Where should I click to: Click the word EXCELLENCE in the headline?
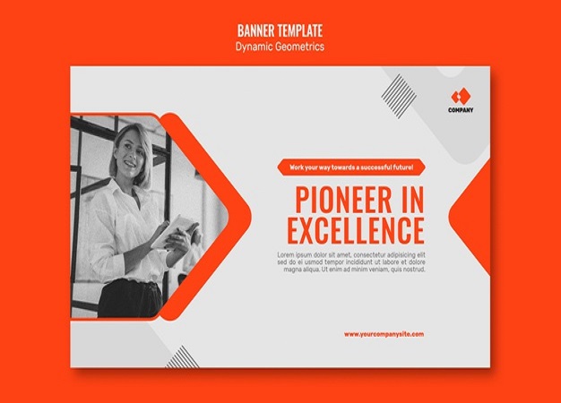[355, 230]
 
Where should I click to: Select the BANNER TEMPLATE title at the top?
[280, 30]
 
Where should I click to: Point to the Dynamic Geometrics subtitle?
[280, 46]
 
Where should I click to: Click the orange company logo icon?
[461, 95]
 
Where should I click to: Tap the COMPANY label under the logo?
[461, 110]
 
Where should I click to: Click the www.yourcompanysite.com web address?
[384, 334]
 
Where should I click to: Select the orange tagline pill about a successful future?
[351, 167]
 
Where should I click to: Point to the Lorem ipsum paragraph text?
[351, 262]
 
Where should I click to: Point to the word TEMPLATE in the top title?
[302, 30]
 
